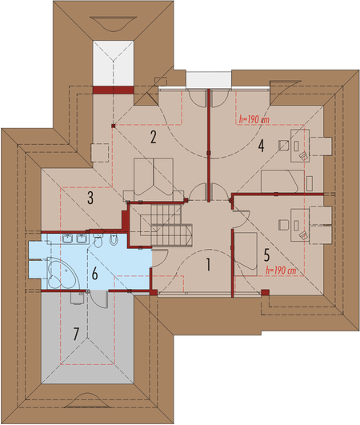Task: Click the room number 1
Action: pos(208,265)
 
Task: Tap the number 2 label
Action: pos(154,137)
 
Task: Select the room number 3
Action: pos(90,198)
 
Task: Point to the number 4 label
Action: pos(261,146)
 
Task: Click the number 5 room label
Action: pos(266,255)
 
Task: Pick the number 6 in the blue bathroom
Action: pos(94,274)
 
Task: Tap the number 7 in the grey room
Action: pos(76,334)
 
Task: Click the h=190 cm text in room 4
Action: pos(254,119)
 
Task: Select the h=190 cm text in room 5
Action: pos(281,271)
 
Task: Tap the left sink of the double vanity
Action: pos(66,239)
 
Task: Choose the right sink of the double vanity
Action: pos(81,239)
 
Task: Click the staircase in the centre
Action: pos(166,225)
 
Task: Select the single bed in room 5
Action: pos(246,254)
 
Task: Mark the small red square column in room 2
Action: pos(114,126)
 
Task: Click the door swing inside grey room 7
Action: pos(98,299)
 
